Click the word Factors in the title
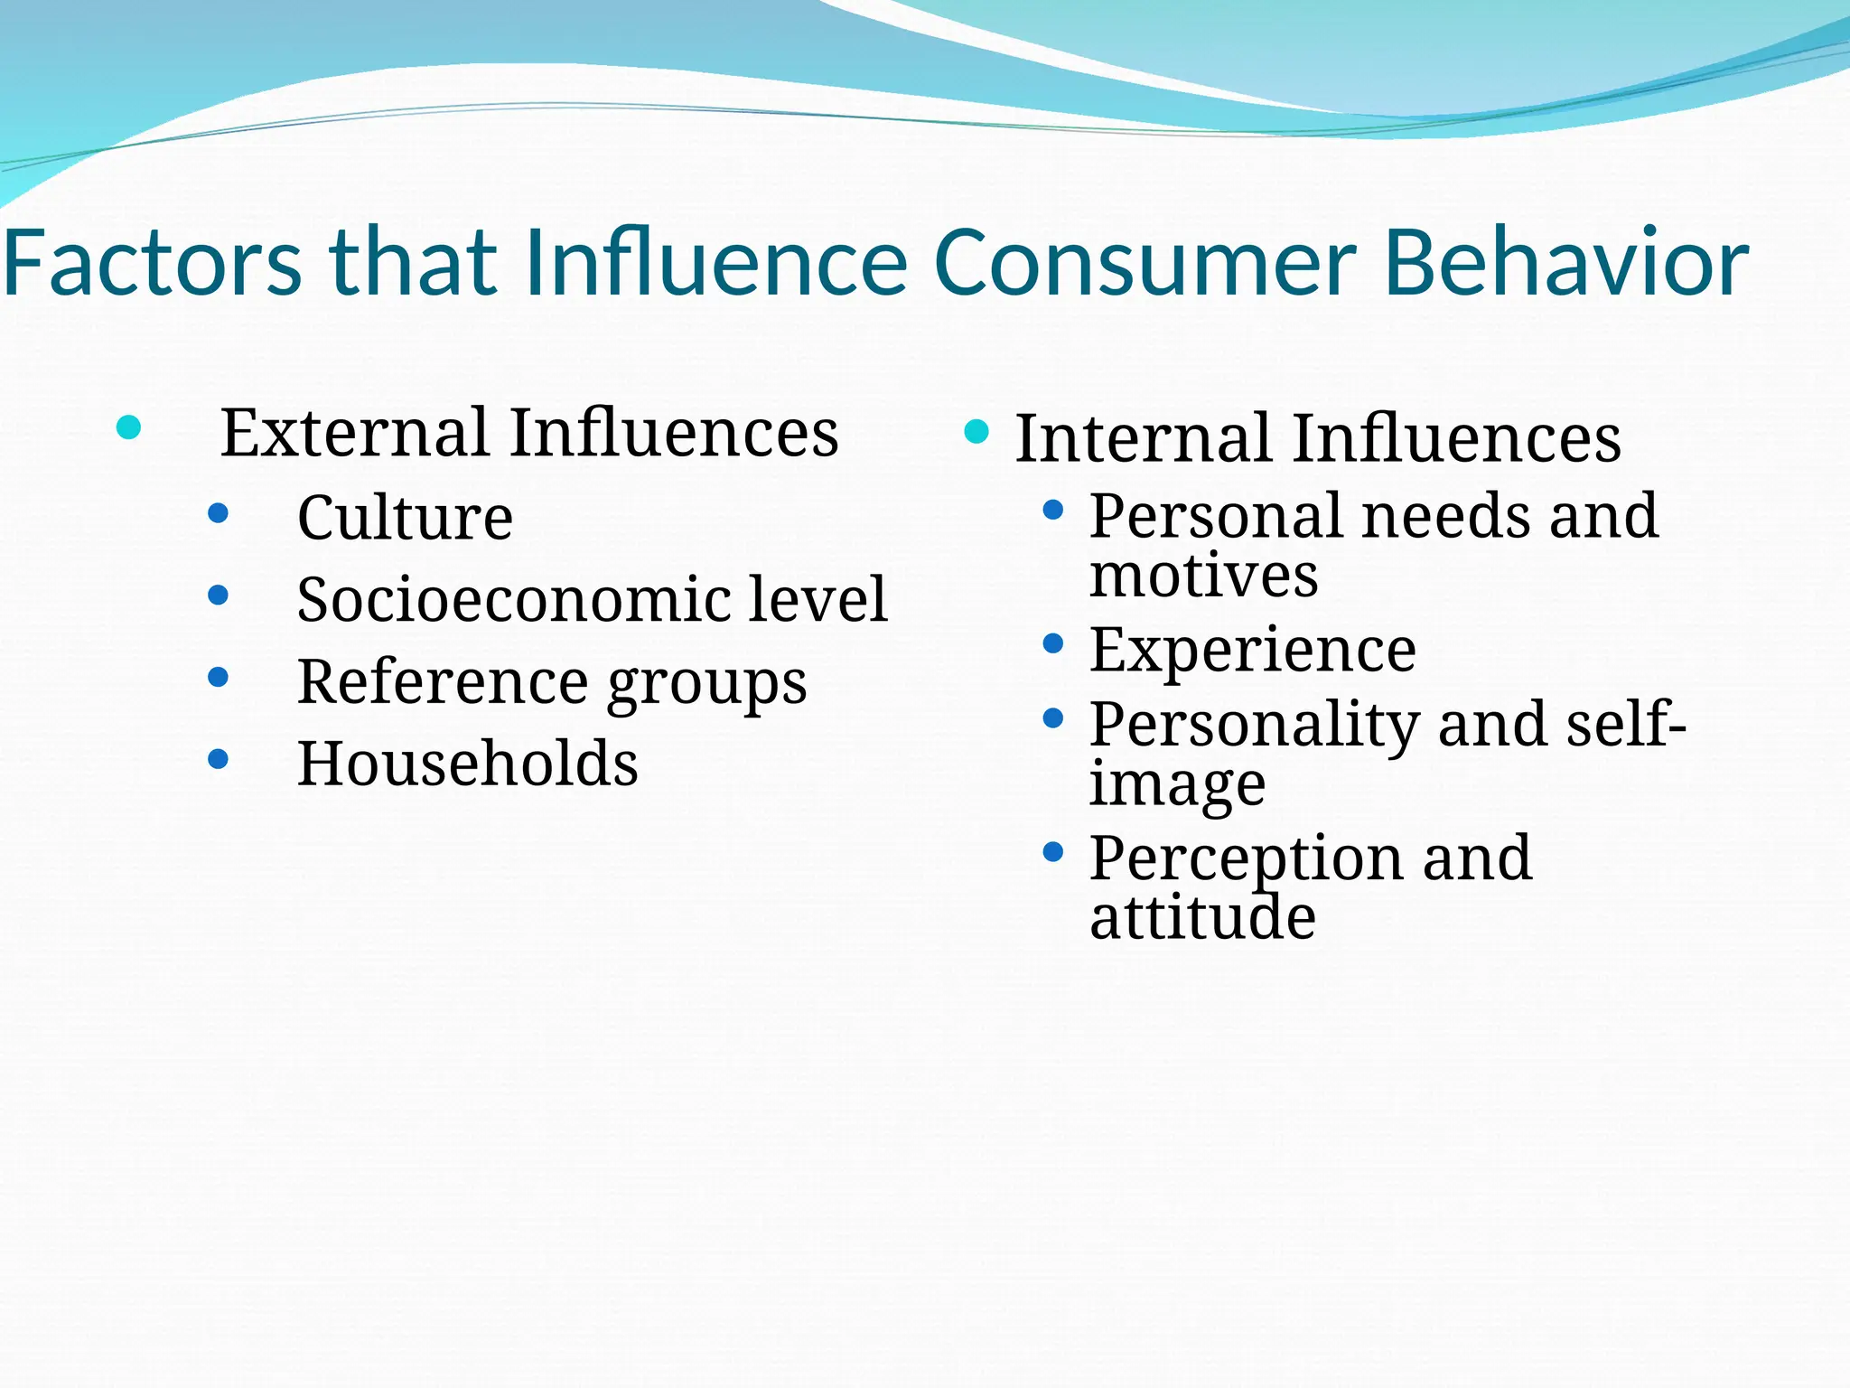pos(152,263)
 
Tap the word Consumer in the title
pos(1145,263)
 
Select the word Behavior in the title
pos(1566,263)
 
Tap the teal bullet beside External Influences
pos(129,427)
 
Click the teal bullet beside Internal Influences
pos(976,431)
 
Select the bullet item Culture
pos(405,518)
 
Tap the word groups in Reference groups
pos(706,683)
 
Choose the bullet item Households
pos(467,764)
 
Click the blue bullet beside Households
pos(218,758)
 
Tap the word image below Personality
pos(1177,783)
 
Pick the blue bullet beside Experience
pos(1052,643)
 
